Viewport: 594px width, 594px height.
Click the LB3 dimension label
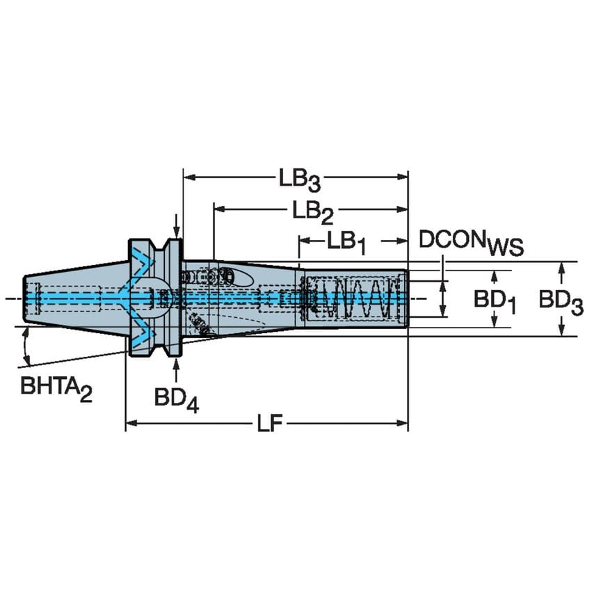click(300, 179)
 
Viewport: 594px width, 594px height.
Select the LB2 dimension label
click(312, 210)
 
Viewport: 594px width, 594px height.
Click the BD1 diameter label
click(495, 300)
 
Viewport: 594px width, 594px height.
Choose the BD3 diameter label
click(561, 300)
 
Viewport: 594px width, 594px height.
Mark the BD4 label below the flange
click(176, 399)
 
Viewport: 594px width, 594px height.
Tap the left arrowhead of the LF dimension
click(130, 423)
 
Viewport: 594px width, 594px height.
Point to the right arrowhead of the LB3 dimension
click(403, 177)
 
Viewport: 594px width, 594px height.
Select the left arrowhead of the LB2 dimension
click(218, 208)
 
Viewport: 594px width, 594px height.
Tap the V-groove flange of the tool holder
click(154, 298)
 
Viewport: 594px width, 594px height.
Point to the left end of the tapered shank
click(26, 299)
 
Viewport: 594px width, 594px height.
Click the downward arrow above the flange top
click(177, 230)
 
